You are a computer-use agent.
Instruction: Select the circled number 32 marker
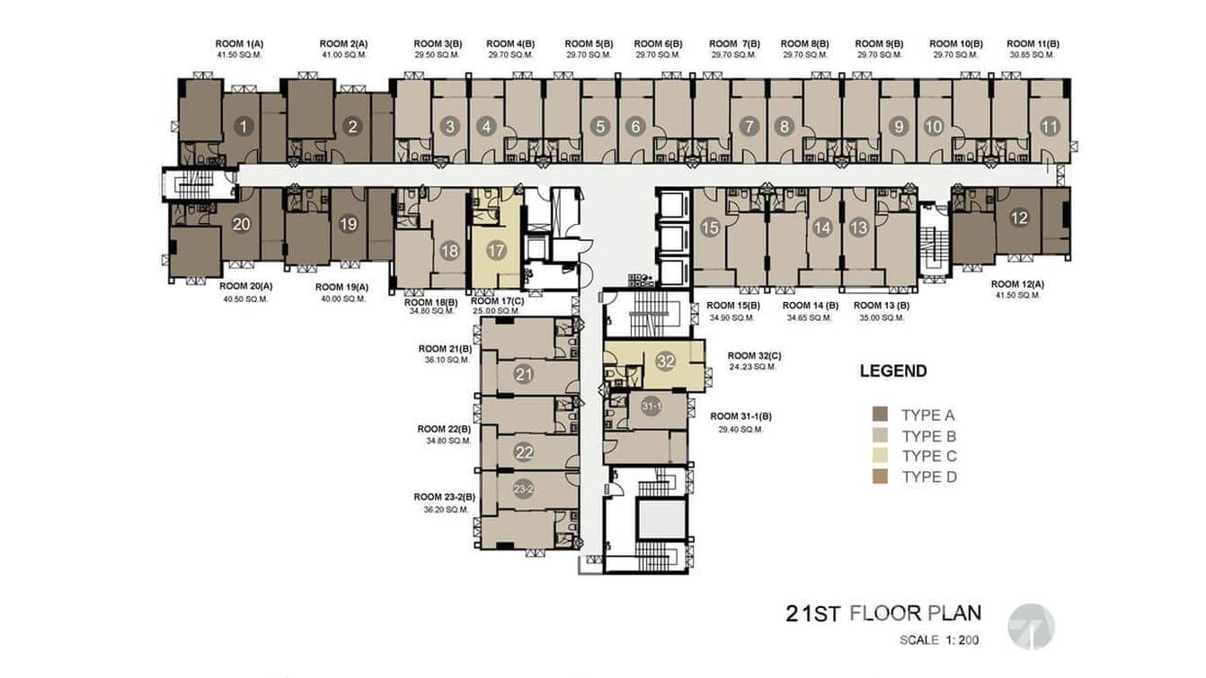[666, 361]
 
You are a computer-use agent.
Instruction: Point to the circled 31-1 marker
[652, 407]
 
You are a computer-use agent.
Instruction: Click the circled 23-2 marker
[524, 489]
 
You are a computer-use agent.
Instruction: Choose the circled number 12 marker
[1018, 217]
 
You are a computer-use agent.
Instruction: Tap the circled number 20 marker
[241, 224]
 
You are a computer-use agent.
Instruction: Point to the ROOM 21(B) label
[445, 348]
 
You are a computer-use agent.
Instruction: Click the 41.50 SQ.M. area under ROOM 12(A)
[1017, 295]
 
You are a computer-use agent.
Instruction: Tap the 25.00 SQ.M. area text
[497, 311]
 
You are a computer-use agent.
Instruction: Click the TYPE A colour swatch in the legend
[880, 415]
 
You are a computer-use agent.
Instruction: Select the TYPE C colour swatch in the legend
[880, 456]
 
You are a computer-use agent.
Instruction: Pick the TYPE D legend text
[928, 477]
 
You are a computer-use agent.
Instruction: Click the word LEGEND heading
[892, 370]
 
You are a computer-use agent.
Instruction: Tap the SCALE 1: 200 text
[938, 641]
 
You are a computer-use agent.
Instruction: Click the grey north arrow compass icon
[1030, 626]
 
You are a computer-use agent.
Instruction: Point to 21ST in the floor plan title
[812, 614]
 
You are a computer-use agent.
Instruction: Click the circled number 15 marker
[710, 227]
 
